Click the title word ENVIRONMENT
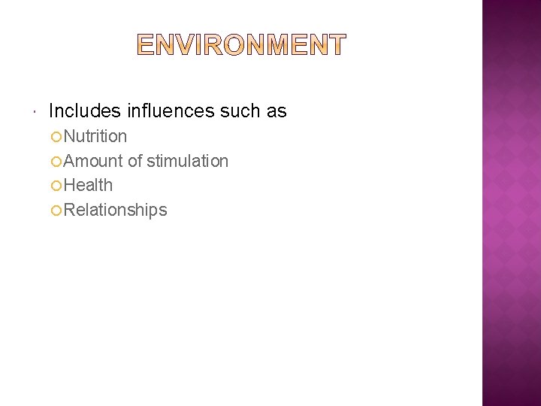[x=242, y=45]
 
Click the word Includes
[x=84, y=111]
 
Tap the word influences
[x=171, y=111]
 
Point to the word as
[x=277, y=111]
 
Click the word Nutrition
[x=95, y=136]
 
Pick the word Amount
[x=93, y=161]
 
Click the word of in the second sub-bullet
[x=135, y=161]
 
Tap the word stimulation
[x=188, y=161]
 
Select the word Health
[x=89, y=185]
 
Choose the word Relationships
[x=116, y=210]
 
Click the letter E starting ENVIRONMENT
[x=146, y=45]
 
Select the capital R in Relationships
[x=70, y=210]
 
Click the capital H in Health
[x=70, y=185]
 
